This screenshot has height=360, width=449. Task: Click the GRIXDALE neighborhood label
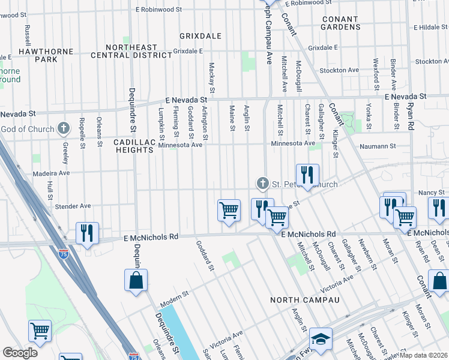(x=200, y=36)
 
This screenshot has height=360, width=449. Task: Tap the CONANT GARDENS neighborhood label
(x=340, y=23)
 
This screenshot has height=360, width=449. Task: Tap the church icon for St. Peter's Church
(x=262, y=182)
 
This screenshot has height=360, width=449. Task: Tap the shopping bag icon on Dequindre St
(x=136, y=280)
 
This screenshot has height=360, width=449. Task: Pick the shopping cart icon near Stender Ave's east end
(x=229, y=211)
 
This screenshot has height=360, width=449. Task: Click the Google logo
(x=20, y=353)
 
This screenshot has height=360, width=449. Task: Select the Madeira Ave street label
(x=52, y=173)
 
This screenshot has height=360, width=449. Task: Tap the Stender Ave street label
(x=73, y=206)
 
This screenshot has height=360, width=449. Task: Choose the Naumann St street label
(x=378, y=146)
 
